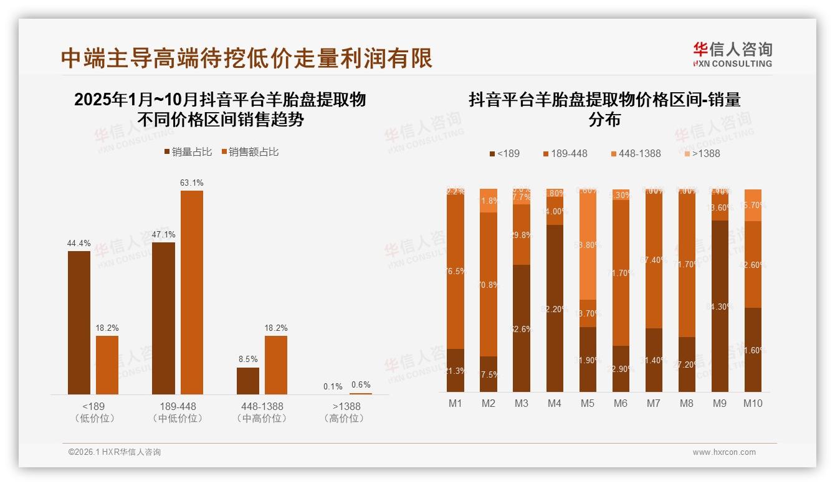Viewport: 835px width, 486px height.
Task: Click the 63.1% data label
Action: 192,183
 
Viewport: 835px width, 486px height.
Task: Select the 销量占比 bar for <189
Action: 79,322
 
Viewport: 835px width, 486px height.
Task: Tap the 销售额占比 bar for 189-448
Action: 192,292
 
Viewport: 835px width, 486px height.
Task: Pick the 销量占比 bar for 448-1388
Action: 248,381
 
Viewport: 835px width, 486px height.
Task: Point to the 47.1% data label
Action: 163,234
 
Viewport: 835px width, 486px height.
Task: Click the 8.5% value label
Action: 248,359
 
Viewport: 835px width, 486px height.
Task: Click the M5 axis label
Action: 588,403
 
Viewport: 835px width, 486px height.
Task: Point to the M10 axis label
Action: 753,403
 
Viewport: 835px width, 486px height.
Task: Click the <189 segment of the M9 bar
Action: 720,306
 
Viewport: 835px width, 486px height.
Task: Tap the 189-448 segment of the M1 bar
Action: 456,272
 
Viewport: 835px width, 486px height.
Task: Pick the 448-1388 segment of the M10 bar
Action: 753,205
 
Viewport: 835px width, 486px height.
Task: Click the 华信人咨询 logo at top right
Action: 732,54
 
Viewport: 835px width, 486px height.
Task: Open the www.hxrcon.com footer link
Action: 724,452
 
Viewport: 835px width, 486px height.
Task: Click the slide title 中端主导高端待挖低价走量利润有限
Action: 247,58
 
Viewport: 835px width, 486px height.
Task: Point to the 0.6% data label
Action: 360,385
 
